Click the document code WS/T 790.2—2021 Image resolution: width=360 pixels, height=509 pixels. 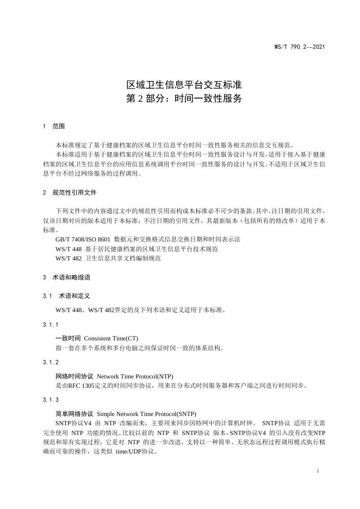(x=300, y=47)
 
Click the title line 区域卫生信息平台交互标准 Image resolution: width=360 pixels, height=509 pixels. (x=180, y=85)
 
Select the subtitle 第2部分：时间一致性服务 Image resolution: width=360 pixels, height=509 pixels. (x=180, y=100)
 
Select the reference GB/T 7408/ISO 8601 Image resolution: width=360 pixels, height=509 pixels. (x=83, y=239)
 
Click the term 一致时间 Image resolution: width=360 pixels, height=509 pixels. (x=68, y=338)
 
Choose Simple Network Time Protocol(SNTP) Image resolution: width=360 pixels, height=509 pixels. (x=146, y=413)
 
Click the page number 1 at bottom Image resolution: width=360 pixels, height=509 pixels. (x=317, y=470)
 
